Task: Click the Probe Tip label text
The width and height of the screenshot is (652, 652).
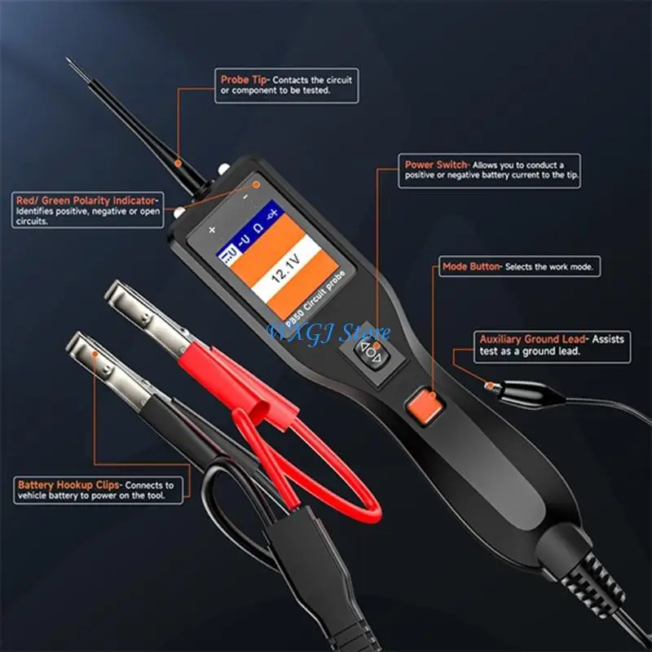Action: (x=244, y=80)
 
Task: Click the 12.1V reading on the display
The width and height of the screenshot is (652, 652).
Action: (x=286, y=276)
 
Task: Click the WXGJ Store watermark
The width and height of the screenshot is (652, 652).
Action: (x=329, y=332)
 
